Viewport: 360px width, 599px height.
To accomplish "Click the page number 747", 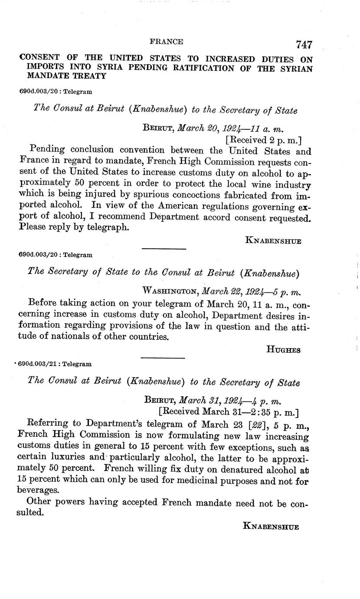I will point(304,45).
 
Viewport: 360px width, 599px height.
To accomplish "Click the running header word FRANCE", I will point(166,42).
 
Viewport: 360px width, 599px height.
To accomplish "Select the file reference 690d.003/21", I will point(38,365).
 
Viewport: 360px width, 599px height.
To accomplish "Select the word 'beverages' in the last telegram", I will point(37,490).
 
